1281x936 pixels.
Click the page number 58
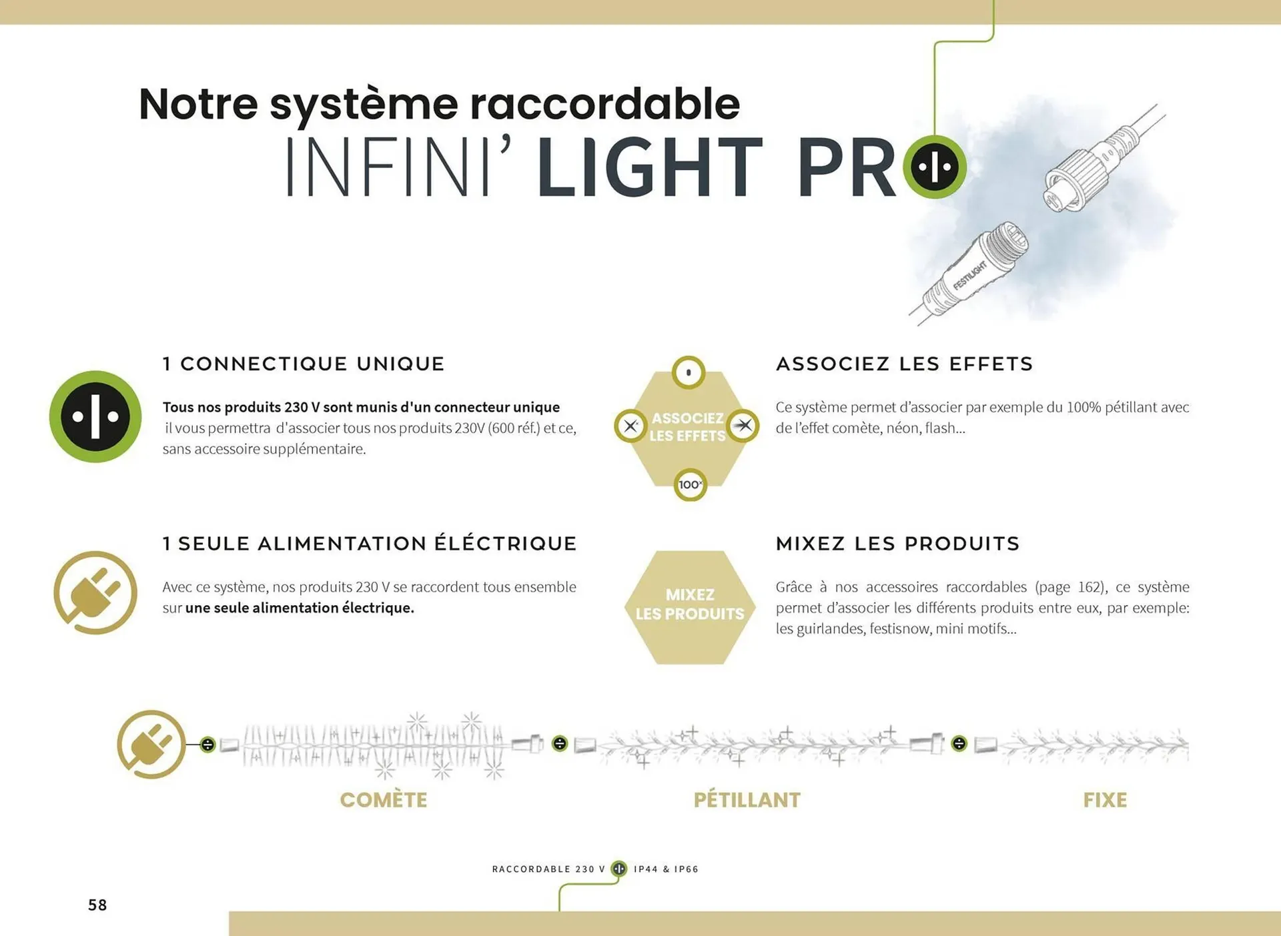click(x=97, y=905)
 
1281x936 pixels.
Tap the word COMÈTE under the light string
click(x=384, y=800)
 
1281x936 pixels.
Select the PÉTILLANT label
click(x=747, y=800)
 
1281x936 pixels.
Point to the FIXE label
click(x=1105, y=800)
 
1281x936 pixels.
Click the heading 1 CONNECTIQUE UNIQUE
click(x=304, y=364)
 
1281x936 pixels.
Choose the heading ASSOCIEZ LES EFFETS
click(x=904, y=364)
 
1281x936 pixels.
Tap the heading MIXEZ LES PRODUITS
click(x=897, y=544)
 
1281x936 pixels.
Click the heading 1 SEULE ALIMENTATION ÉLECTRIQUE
click(x=370, y=544)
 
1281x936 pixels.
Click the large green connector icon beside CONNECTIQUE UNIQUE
click(x=95, y=416)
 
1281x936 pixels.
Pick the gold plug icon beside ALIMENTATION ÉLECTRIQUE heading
click(x=95, y=592)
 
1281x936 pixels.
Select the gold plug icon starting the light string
click(x=151, y=744)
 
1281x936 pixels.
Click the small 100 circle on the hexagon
click(x=690, y=484)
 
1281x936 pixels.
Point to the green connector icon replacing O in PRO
click(x=935, y=167)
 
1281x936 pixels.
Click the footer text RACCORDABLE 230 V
click(x=548, y=869)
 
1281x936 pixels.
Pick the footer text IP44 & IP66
click(x=666, y=869)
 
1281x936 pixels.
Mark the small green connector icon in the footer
click(x=619, y=869)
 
